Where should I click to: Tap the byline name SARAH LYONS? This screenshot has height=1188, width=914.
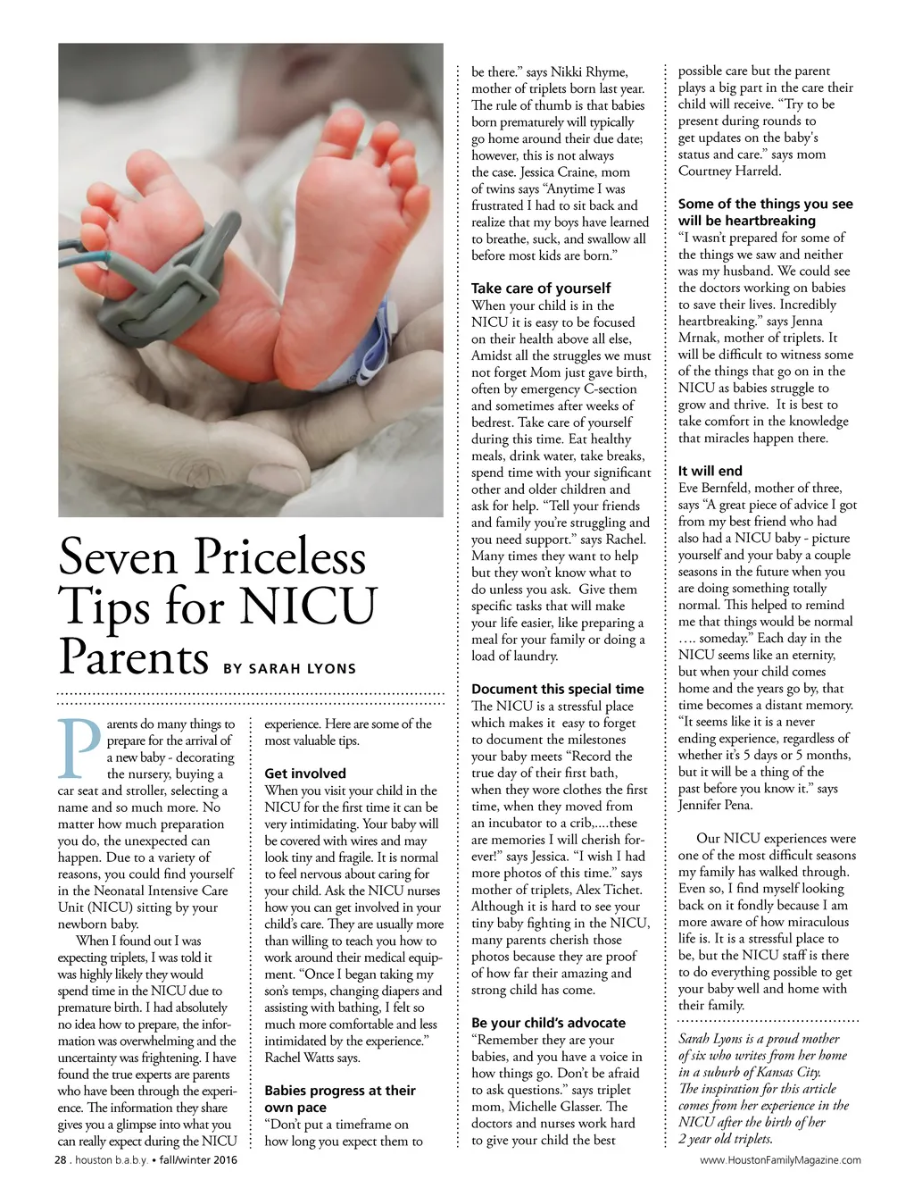pos(303,668)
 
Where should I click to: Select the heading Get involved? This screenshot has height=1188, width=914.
pos(305,774)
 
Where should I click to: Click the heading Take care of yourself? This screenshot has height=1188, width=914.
pos(541,288)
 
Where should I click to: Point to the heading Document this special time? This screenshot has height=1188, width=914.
pos(557,689)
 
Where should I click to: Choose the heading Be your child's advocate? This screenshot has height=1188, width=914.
pos(548,1023)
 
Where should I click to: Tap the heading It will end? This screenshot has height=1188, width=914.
pos(710,471)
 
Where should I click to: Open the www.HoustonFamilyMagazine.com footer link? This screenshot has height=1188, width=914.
pos(780,1160)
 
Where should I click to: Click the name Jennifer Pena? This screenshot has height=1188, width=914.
pos(716,805)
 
